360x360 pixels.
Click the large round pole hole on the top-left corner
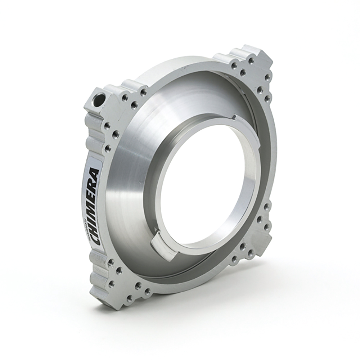(98, 99)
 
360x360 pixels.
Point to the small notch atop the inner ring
(234, 117)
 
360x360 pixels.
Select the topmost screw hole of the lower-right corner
(267, 206)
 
